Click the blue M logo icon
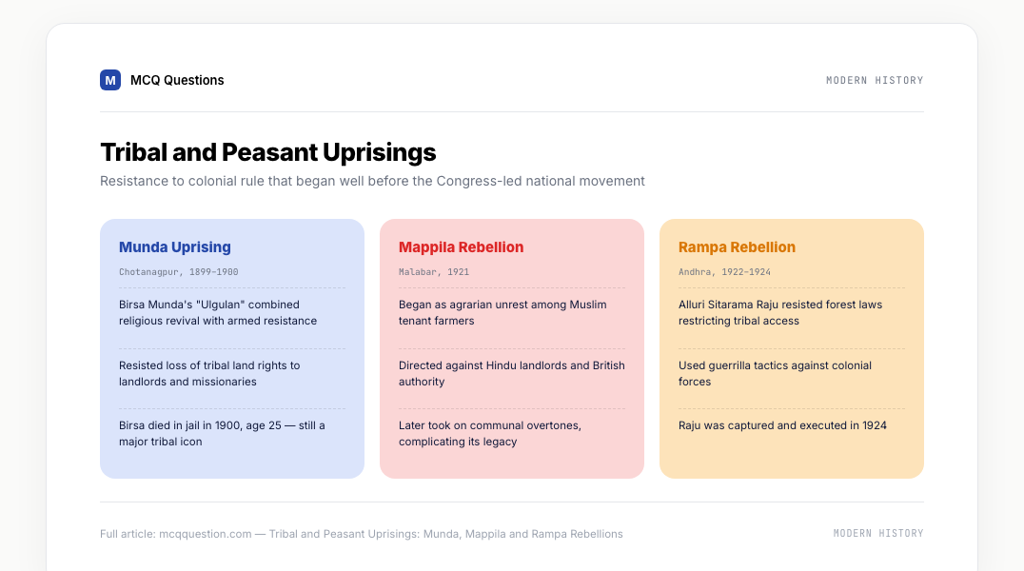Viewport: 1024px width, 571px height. coord(110,80)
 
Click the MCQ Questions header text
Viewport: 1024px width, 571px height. coord(177,80)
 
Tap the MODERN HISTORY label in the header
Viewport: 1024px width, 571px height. coord(875,80)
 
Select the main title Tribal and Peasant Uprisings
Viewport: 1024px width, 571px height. coord(267,152)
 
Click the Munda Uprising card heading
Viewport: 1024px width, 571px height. coord(175,246)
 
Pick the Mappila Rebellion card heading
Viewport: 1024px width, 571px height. coord(461,246)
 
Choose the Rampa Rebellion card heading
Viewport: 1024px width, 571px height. coord(737,246)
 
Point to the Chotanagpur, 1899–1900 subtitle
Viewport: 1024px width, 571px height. coord(178,272)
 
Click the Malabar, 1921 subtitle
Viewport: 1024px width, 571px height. coord(434,272)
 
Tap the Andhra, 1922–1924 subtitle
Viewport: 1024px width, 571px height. coord(724,272)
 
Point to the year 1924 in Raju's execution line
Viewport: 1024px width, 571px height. coord(875,425)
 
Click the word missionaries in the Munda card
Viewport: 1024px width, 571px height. coord(225,382)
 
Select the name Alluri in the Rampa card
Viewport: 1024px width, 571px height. coord(692,305)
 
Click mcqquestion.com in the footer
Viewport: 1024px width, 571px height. coord(205,534)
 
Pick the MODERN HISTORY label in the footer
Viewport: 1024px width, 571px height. coord(878,533)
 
